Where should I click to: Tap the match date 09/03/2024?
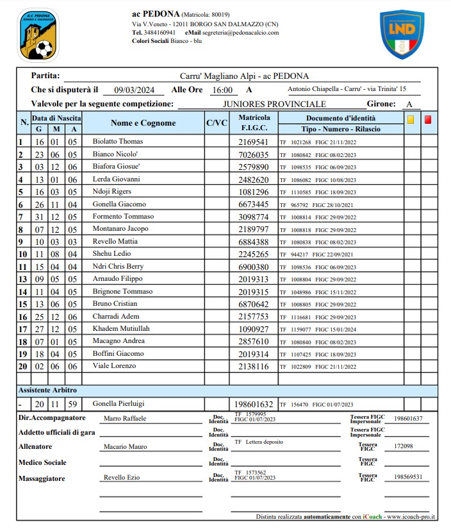(x=135, y=90)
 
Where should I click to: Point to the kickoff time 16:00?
(x=222, y=90)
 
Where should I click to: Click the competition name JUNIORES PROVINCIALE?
(x=274, y=104)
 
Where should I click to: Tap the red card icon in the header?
(x=429, y=119)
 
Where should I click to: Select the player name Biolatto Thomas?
(x=119, y=141)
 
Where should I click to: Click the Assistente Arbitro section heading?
(x=47, y=390)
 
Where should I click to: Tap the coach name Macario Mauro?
(x=125, y=447)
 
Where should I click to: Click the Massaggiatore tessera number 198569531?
(x=409, y=477)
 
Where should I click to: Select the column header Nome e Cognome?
(x=143, y=123)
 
